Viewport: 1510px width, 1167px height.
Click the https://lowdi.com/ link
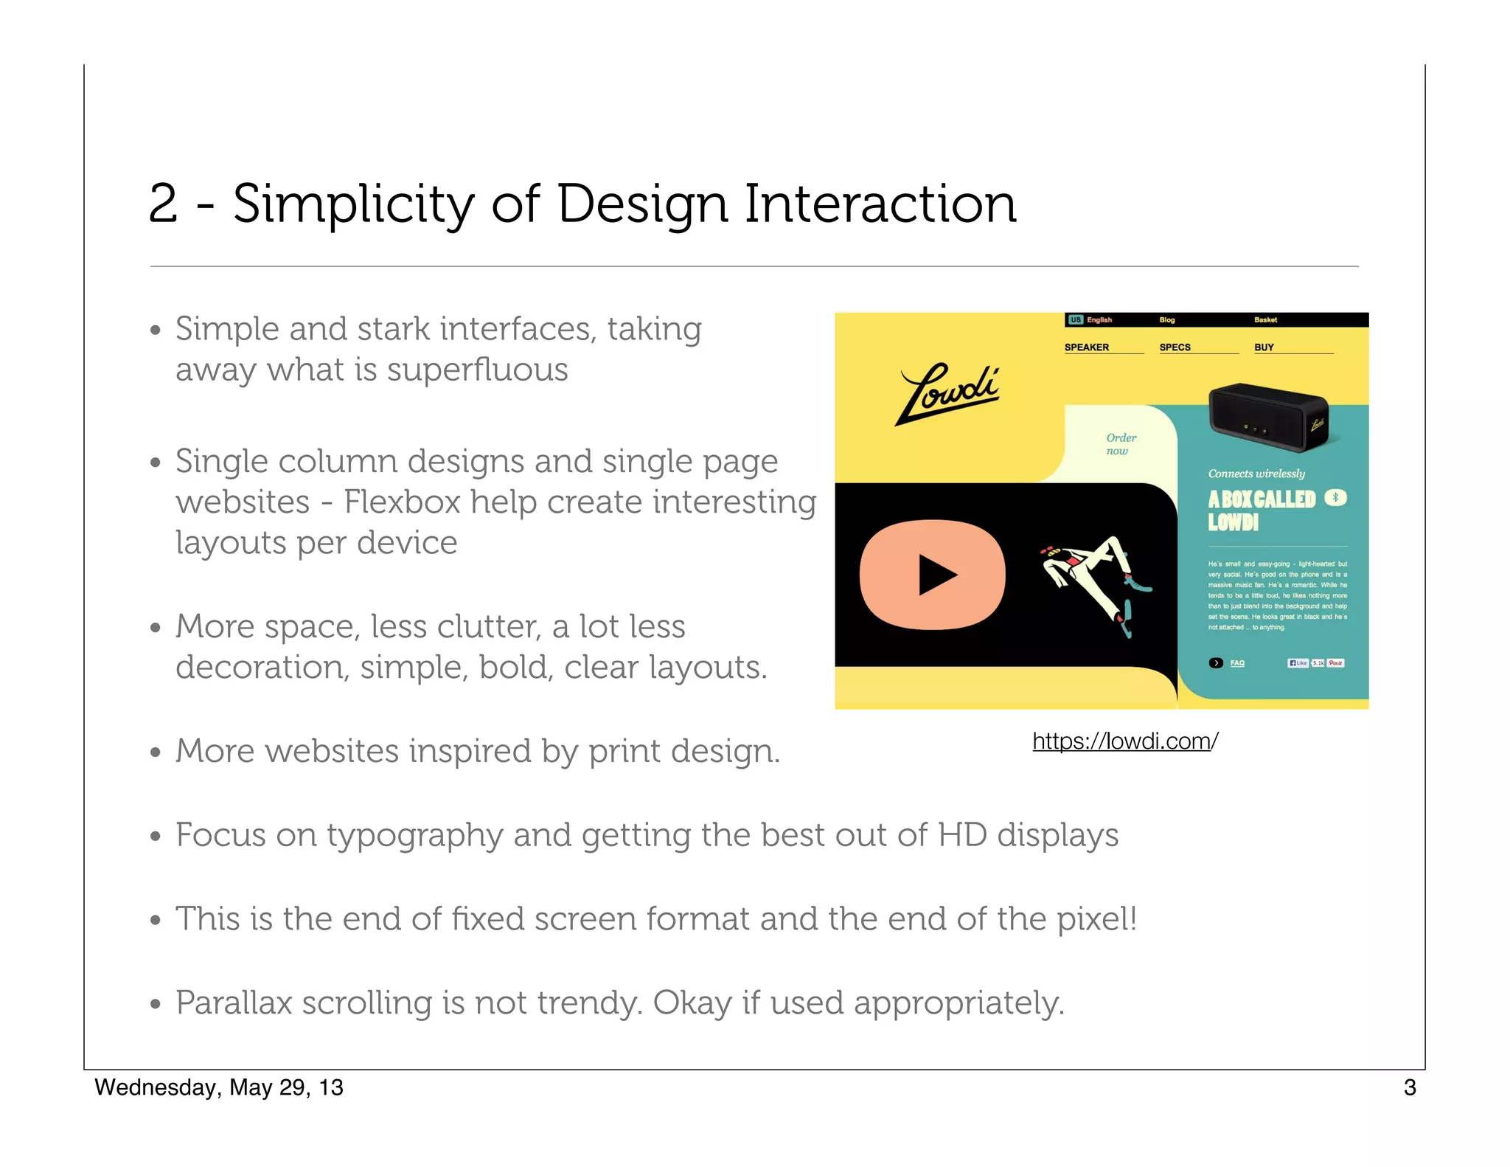(x=1124, y=741)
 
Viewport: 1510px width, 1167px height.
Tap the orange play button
(x=933, y=575)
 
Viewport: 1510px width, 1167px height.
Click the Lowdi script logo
(x=947, y=393)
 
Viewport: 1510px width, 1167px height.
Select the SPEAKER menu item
(x=1087, y=347)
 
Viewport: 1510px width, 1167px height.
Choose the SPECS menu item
(x=1175, y=347)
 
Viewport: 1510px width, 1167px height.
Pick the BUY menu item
(x=1264, y=347)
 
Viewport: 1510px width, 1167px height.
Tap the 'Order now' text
(x=1121, y=444)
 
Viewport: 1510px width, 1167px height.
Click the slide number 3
(x=1410, y=1087)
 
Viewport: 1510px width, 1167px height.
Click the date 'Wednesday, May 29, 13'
(x=219, y=1087)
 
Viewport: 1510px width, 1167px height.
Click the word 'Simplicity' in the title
(x=352, y=204)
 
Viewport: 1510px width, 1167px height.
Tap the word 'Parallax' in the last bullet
(x=234, y=1003)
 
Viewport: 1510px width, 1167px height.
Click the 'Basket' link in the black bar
(x=1265, y=320)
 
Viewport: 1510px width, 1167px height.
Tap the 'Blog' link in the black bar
(x=1167, y=320)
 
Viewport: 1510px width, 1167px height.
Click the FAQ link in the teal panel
(x=1237, y=663)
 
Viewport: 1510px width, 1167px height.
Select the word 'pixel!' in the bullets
(x=1097, y=919)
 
